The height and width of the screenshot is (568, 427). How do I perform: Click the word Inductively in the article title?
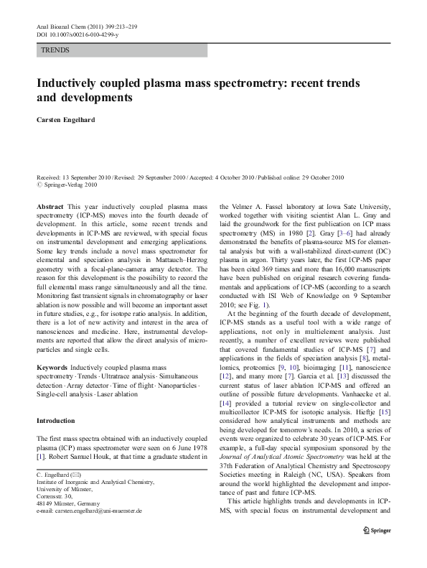(x=72, y=83)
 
